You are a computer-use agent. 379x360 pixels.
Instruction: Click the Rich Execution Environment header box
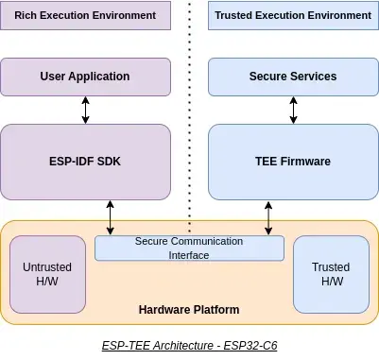point(85,16)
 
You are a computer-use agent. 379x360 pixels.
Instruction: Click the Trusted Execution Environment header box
point(292,16)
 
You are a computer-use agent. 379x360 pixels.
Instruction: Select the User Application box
point(85,76)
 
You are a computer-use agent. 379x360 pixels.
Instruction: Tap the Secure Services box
point(292,76)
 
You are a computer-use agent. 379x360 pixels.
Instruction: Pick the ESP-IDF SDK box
point(85,162)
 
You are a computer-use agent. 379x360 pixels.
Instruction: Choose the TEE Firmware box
point(292,162)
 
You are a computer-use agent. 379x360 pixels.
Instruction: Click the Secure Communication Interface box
point(189,248)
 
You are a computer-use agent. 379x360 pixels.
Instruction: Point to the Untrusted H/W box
point(47,274)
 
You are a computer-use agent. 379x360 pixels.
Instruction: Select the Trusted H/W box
point(331,274)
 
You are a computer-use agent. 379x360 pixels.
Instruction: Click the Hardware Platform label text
point(189,310)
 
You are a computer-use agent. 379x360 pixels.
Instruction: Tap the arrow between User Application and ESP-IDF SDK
point(86,109)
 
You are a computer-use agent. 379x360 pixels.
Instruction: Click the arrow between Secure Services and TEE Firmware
point(293,109)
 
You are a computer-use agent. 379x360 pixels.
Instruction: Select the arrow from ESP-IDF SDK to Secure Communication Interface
point(112,217)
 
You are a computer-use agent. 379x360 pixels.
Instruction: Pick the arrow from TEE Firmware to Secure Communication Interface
point(268,217)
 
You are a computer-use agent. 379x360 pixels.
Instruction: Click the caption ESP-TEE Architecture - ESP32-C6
point(189,346)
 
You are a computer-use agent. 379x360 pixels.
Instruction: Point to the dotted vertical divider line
point(189,113)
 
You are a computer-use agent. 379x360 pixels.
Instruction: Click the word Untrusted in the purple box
point(47,267)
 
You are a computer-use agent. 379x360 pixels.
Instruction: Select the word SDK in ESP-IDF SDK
point(109,162)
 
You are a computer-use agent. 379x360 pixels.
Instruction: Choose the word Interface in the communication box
point(189,254)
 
